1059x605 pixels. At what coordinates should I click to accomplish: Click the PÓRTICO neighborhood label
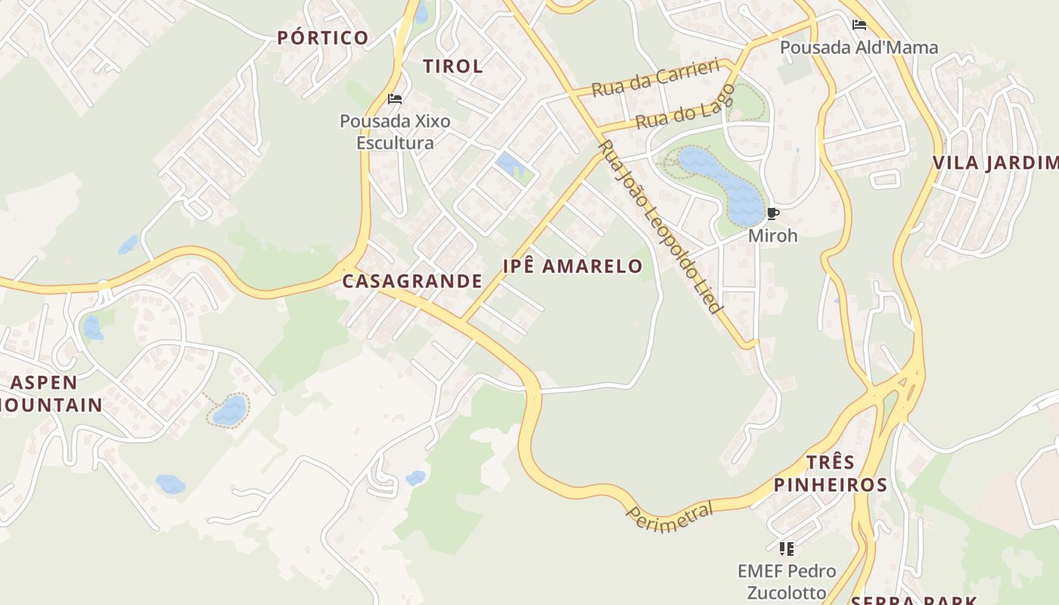pos(323,38)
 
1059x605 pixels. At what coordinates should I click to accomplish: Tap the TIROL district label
pos(453,66)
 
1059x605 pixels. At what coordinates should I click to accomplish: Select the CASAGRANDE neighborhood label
pos(412,281)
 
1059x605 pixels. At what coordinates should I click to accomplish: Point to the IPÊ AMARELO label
pos(573,266)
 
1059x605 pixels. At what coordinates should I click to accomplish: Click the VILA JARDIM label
pos(994,163)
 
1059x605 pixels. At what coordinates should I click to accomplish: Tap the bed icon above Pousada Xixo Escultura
pos(394,99)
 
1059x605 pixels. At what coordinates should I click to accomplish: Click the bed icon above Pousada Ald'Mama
pos(859,25)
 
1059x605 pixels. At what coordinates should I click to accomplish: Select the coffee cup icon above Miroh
pos(772,214)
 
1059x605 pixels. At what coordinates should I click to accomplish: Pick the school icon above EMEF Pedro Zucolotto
pos(787,548)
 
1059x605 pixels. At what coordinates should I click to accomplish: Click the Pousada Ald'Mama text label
pos(859,48)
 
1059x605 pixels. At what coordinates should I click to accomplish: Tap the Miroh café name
pos(772,236)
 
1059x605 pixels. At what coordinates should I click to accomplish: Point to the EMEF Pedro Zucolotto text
pos(787,581)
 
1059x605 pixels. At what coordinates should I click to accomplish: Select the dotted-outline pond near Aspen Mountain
pos(229,410)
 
